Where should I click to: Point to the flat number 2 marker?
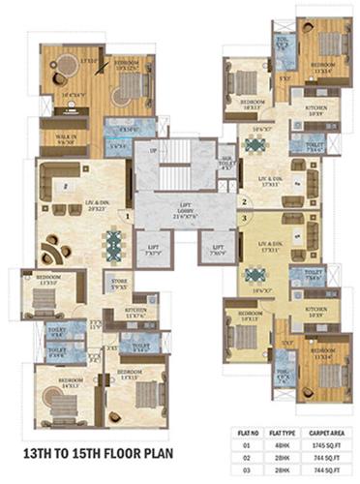coord(244,201)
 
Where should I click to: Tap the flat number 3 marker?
coord(244,218)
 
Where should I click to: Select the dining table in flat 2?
coord(255,146)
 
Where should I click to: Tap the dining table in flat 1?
coord(114,240)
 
